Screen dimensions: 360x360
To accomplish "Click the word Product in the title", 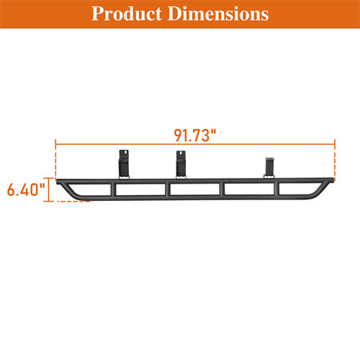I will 127,14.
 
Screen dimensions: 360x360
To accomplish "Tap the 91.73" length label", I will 195,134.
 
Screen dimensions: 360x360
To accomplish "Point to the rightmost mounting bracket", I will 271,166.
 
